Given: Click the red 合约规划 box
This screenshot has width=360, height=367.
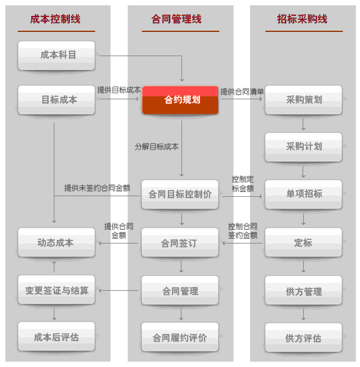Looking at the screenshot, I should click(x=180, y=100).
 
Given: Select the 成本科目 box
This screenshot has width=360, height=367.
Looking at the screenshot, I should click(x=56, y=55).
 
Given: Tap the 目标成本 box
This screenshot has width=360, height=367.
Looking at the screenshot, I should click(x=56, y=100).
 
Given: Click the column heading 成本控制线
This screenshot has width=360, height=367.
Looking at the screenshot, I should click(x=56, y=20).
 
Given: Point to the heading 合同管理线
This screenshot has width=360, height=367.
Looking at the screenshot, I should click(x=180, y=20).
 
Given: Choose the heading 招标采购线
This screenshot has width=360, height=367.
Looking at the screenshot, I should click(x=302, y=20).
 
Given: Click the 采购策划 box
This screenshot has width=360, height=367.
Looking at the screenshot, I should click(x=303, y=100).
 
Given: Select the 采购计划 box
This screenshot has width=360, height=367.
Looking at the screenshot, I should click(x=303, y=147).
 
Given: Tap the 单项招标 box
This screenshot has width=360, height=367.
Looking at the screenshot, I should click(x=303, y=194).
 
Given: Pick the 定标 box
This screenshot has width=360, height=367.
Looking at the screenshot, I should click(x=303, y=242).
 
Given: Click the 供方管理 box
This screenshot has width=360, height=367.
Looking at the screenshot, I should click(x=303, y=291).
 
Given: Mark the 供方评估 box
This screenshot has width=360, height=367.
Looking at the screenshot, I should click(x=303, y=338).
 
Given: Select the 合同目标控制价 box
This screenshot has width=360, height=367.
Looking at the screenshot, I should click(x=180, y=194).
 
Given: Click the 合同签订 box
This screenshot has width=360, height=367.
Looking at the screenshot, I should click(x=180, y=242).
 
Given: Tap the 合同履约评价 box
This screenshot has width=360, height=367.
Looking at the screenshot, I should click(x=180, y=337).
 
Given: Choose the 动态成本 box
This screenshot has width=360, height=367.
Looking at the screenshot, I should click(x=56, y=242).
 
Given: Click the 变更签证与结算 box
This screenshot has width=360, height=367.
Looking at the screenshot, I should click(x=56, y=291).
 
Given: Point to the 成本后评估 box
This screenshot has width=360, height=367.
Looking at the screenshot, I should click(x=56, y=337).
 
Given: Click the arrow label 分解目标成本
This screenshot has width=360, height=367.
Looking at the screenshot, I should click(x=157, y=146).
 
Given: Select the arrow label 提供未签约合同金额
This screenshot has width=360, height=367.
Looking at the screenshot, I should click(x=102, y=188).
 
